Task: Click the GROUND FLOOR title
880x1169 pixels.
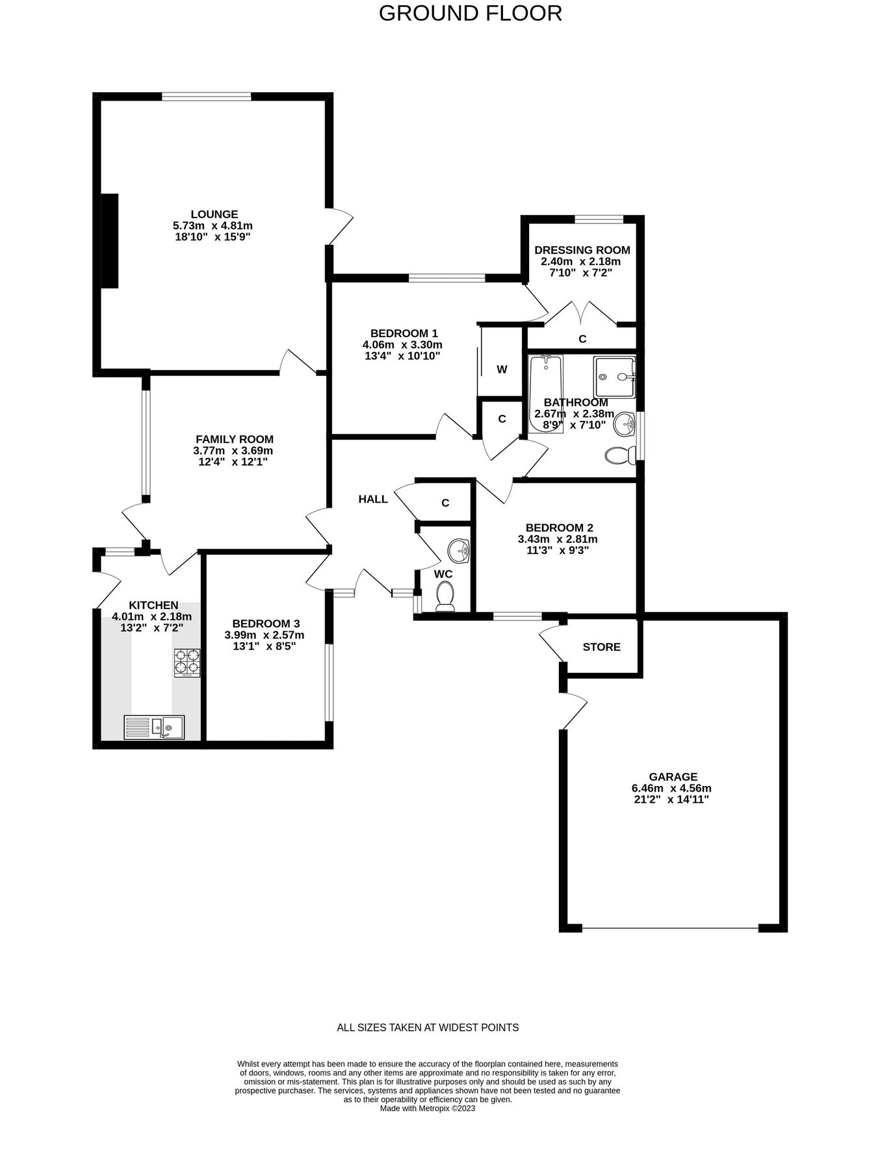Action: pos(470,14)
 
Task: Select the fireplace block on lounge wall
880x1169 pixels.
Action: pos(110,240)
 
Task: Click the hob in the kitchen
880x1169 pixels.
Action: pos(187,662)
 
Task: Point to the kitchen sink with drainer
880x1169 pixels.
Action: pos(154,727)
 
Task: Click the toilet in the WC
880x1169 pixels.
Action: pos(445,596)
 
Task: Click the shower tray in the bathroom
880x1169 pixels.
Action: pos(614,377)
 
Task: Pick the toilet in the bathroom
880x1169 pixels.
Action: pos(620,455)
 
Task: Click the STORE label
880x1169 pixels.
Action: pos(601,647)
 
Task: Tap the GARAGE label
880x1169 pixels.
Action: pos(673,777)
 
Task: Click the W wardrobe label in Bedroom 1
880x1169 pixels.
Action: pos(502,370)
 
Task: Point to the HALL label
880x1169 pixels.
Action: pos(373,499)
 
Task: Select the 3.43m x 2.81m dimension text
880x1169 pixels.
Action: pos(558,539)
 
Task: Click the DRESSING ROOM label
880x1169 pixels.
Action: pos(582,250)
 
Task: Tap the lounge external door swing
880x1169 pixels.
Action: pos(341,226)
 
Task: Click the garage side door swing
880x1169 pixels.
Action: pos(573,710)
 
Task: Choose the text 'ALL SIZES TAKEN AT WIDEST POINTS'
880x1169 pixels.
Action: pos(428,1027)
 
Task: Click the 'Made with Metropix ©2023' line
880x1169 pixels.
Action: pos(428,1109)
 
